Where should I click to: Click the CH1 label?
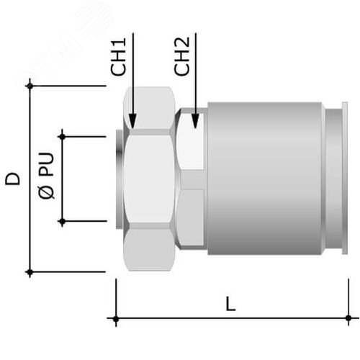pyautogui.click(x=118, y=57)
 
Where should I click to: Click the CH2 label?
pyautogui.click(x=181, y=57)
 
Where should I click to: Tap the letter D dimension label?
pyautogui.click(x=12, y=179)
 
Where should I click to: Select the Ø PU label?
pyautogui.click(x=46, y=176)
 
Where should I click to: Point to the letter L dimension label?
pyautogui.click(x=231, y=304)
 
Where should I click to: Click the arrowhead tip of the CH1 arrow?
pyautogui.click(x=132, y=129)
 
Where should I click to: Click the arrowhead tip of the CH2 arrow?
pyautogui.click(x=196, y=128)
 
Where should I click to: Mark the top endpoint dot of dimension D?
pyautogui.click(x=30, y=86)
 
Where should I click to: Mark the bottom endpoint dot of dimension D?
pyautogui.click(x=30, y=272)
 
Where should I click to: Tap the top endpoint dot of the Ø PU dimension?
pyautogui.click(x=62, y=137)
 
